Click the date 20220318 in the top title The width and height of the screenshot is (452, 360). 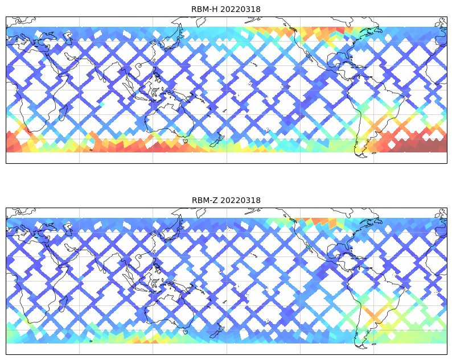pyautogui.click(x=241, y=9)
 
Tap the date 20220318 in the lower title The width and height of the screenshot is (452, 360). pyautogui.click(x=241, y=200)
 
